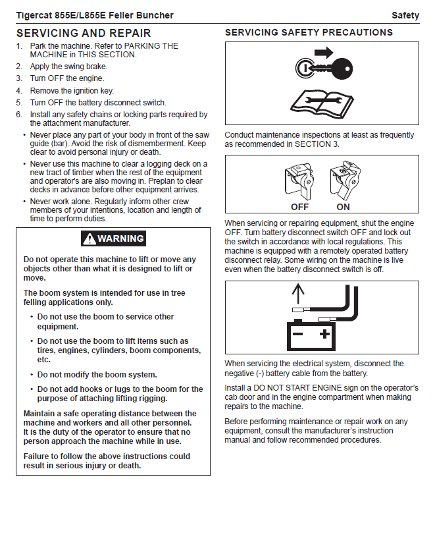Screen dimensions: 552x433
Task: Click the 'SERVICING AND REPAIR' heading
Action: (84, 33)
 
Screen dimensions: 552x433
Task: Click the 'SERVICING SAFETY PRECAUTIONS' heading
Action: (309, 32)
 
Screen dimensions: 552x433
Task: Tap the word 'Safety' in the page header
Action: (405, 15)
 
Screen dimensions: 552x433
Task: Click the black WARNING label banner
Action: (113, 238)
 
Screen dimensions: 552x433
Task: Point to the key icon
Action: (324, 67)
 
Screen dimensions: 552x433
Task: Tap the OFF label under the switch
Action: (300, 207)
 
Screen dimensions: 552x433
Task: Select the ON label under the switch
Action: (343, 207)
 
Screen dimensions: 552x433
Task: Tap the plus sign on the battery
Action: (324, 335)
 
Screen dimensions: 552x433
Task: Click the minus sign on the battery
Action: (297, 335)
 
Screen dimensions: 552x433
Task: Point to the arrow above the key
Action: (324, 51)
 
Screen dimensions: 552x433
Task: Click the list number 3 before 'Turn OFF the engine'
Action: (19, 78)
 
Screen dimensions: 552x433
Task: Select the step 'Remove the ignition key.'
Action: (72, 91)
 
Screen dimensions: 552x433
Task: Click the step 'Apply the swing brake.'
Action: (68, 67)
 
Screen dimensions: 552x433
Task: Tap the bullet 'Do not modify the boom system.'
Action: (97, 374)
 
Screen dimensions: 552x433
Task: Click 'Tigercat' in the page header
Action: (36, 15)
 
